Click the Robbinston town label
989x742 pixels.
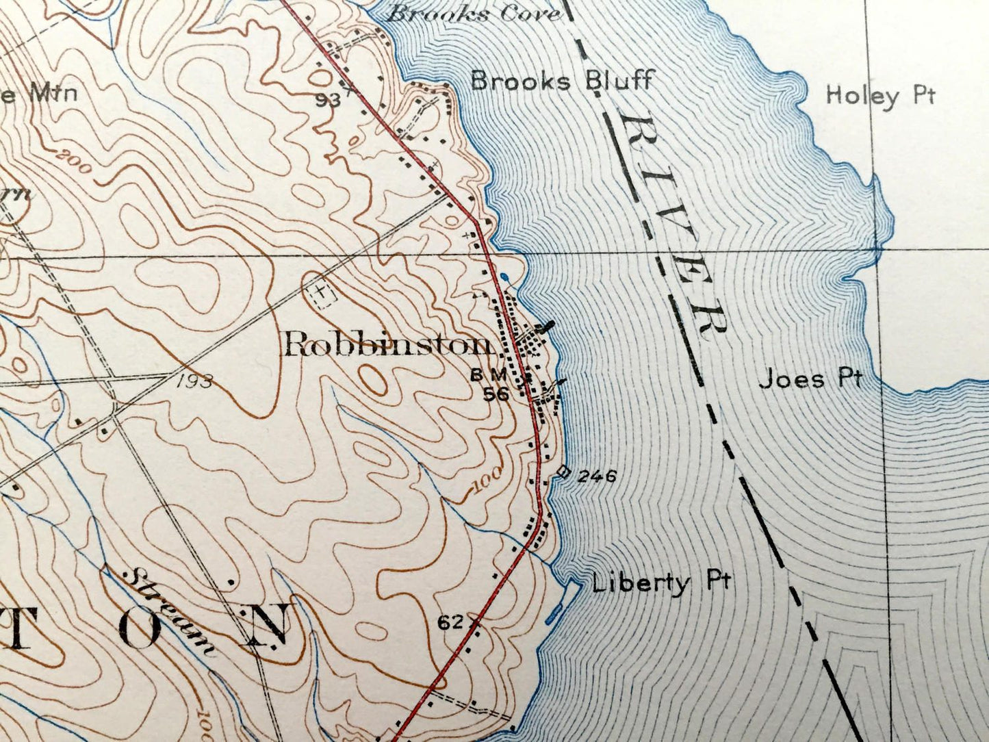(387, 344)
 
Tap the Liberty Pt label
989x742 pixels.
(661, 583)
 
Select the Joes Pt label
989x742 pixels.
(810, 379)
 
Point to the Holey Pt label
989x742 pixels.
(879, 95)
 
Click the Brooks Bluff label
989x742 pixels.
(562, 81)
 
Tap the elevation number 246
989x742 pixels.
(597, 476)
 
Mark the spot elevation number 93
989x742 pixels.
(329, 100)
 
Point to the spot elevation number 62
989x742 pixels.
(451, 623)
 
